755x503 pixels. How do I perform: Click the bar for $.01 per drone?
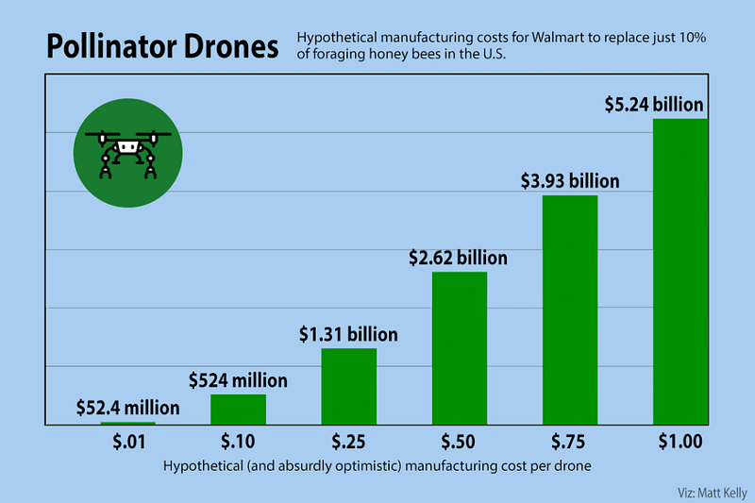128,424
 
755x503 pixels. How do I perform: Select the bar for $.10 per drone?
238,410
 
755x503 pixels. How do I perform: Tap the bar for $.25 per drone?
349,387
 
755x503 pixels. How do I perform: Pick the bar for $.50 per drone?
460,348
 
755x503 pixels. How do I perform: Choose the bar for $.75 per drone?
570,310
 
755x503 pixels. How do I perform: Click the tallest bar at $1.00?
680,272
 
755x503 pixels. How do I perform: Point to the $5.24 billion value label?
655,105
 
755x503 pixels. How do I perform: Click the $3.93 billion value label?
570,181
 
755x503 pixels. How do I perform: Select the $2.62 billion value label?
459,258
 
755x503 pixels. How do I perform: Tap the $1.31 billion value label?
349,334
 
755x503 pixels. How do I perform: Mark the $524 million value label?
238,381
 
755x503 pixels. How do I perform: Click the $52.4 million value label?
127,409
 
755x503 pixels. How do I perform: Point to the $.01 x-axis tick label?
127,443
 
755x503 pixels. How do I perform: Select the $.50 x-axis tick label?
460,443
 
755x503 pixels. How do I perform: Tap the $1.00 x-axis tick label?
680,443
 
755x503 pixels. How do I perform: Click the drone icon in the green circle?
126,151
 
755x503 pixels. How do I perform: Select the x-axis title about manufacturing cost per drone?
377,466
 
